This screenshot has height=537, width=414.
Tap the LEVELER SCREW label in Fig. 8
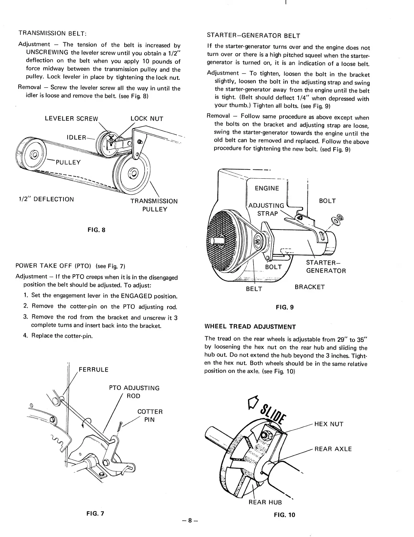[71, 119]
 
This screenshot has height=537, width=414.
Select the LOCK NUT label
[147, 119]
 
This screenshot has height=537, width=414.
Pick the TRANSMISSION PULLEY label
[154, 205]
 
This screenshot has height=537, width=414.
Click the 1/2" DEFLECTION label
[46, 199]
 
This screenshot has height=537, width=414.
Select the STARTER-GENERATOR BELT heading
[253, 36]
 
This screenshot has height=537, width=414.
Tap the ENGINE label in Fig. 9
[267, 188]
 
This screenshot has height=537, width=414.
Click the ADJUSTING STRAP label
[267, 210]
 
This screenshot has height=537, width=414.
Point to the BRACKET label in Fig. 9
[309, 287]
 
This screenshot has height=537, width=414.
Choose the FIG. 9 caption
[284, 307]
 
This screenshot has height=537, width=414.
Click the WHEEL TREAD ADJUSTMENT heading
[250, 327]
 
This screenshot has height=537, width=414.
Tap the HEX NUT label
[329, 424]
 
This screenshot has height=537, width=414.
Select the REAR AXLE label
[333, 449]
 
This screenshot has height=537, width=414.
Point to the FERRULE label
[93, 370]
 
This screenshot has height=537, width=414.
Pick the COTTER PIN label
[150, 416]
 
